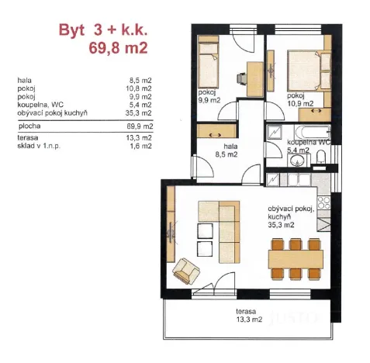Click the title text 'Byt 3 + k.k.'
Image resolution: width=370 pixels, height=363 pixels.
(x=103, y=32)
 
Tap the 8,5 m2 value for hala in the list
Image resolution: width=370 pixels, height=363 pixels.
(x=140, y=80)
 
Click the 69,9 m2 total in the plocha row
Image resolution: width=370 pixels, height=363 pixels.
(x=140, y=125)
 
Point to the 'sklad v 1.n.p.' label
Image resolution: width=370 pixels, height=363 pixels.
(x=39, y=146)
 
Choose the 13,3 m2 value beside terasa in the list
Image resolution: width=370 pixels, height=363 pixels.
(x=140, y=138)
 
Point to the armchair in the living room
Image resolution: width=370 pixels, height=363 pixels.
(x=186, y=270)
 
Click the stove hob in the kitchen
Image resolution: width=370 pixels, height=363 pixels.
(x=325, y=201)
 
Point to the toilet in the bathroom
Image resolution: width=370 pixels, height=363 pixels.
(x=320, y=159)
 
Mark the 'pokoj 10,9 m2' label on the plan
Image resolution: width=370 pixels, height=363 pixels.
(x=300, y=99)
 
